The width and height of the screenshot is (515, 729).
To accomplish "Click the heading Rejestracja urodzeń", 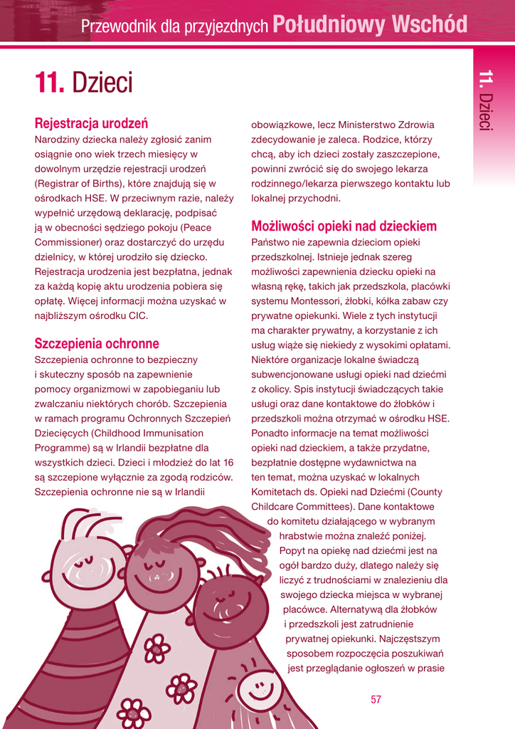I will point(91,122).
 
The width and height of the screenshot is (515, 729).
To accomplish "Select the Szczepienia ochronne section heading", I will point(97,343).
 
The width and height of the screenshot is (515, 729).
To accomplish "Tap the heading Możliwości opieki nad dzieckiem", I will point(344,226).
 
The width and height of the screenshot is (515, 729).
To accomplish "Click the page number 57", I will point(376,699).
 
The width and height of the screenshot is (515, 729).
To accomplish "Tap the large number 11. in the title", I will point(50,83).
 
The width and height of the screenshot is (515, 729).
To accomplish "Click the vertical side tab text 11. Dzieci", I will point(486,100).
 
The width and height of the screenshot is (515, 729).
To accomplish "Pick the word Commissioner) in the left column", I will point(64,241).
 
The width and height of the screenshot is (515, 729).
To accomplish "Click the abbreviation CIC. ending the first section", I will point(138,315).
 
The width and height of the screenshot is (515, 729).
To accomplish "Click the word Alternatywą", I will point(338,609).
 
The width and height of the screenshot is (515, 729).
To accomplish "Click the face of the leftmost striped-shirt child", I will point(87,564).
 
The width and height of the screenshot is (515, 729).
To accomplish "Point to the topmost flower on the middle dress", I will point(156,649).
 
